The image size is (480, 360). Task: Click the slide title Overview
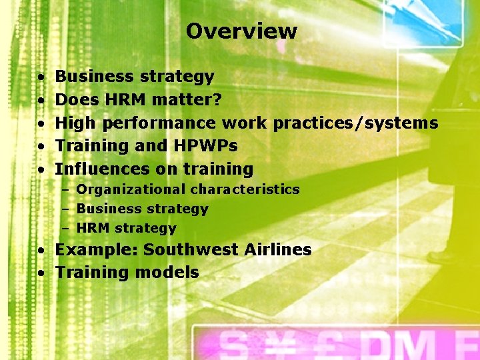241,31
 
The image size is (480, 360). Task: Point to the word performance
159,123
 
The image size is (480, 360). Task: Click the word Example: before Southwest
96,250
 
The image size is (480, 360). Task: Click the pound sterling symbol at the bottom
331,345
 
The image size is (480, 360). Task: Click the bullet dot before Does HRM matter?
41,101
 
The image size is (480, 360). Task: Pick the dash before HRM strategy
67,229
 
